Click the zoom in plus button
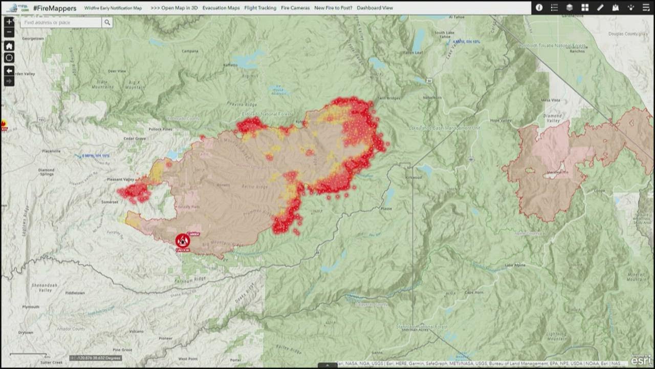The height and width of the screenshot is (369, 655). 9,22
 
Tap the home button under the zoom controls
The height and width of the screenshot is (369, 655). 9,46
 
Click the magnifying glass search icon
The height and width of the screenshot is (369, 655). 107,23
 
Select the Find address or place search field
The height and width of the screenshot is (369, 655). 61,23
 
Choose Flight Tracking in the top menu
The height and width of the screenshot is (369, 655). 260,8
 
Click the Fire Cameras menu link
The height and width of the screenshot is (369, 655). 295,8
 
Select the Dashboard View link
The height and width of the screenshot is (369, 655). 375,8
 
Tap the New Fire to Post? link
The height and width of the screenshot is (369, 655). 333,8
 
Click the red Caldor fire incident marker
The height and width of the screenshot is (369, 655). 183,241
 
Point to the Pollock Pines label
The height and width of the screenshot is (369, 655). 161,129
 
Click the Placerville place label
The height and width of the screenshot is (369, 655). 52,151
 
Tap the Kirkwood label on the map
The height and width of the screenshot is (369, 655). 413,177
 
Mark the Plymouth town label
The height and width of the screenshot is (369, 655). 31,307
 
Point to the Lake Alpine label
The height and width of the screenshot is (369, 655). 515,265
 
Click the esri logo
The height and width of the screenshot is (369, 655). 641,360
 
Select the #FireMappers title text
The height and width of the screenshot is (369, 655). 55,8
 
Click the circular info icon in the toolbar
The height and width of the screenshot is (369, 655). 539,8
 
